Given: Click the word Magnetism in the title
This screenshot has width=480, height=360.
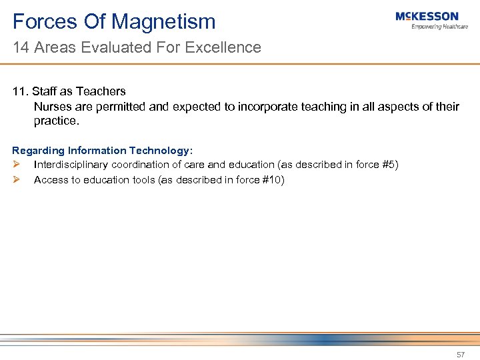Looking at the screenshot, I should click(163, 22).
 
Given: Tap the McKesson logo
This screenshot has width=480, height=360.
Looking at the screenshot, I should click(427, 17).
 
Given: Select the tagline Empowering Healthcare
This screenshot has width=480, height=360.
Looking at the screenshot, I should click(439, 27).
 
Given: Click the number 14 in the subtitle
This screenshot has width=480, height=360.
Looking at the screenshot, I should click(19, 47).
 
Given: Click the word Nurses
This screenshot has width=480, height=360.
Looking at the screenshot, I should click(52, 107).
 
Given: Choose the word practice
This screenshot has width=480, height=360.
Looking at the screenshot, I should click(56, 121).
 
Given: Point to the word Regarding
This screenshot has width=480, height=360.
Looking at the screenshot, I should click(39, 151).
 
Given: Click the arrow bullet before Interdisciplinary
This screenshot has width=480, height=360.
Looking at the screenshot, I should click(17, 165).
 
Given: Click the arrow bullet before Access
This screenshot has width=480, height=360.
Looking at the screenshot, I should click(17, 179).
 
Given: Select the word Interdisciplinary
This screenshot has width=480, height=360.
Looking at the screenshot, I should click(71, 165).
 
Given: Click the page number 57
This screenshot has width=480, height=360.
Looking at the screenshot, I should click(460, 355).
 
